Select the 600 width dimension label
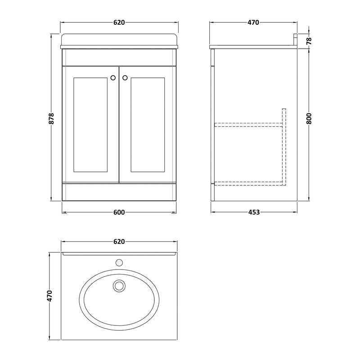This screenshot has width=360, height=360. tap(119, 213)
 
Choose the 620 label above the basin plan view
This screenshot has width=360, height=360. tap(119, 242)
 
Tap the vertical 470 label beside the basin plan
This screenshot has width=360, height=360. tap(50, 296)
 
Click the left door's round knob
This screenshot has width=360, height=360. tap(112, 78)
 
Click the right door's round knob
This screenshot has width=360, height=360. tap(125, 78)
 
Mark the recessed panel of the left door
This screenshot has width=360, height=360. tap(90, 125)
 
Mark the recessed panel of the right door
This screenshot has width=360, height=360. tap(148, 125)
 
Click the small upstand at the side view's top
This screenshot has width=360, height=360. tap(296, 40)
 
